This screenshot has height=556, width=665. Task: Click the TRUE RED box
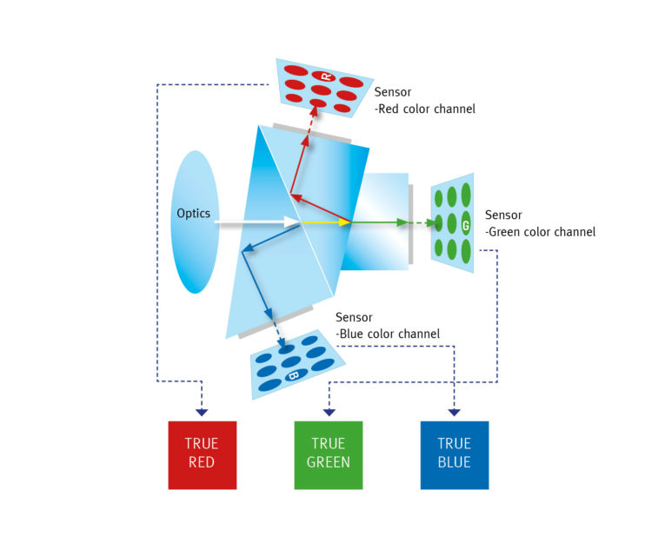(x=203, y=455)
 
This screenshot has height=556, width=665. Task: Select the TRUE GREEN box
(x=329, y=455)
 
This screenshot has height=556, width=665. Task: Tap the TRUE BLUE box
(x=455, y=455)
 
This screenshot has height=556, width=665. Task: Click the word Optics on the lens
(x=193, y=214)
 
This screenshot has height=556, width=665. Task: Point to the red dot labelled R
(x=323, y=76)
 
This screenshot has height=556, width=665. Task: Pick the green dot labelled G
(x=466, y=224)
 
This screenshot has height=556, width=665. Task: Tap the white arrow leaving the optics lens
(x=257, y=222)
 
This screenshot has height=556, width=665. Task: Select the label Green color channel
(x=541, y=232)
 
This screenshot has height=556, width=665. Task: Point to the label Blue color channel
(x=388, y=334)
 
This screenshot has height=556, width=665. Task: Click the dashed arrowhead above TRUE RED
(x=202, y=413)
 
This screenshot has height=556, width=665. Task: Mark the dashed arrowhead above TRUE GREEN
(x=329, y=413)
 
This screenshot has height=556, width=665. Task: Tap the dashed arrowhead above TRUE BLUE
(x=455, y=413)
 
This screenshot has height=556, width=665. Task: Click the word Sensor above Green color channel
(x=503, y=215)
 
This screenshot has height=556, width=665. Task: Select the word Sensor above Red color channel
(x=393, y=92)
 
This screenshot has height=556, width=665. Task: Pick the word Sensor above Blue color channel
(x=354, y=317)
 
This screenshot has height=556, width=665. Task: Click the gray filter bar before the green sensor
(x=410, y=224)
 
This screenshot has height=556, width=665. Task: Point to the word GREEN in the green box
(x=329, y=462)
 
